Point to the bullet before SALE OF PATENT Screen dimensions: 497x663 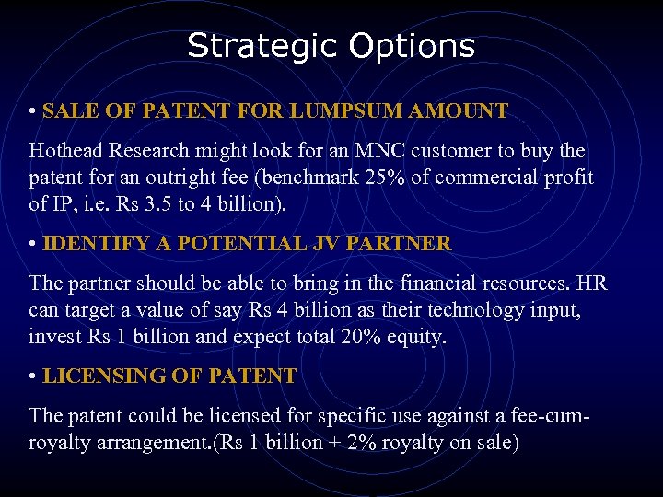click(x=32, y=111)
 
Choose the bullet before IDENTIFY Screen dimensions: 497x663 click(x=32, y=244)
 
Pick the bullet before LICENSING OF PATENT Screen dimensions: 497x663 click(x=32, y=376)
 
